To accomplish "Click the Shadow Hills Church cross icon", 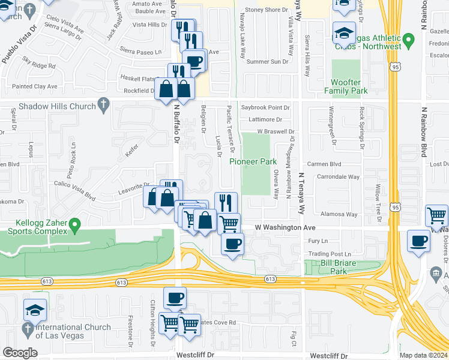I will click(x=103, y=106).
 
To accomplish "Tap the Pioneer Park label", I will click(x=253, y=161).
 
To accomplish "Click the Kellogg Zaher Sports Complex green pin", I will click(x=74, y=226).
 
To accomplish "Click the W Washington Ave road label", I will click(x=285, y=228).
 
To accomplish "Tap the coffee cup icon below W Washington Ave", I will click(x=232, y=243).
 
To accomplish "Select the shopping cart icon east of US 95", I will click(x=436, y=215).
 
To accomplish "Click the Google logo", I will click(x=20, y=352).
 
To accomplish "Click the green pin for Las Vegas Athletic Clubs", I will click(x=409, y=41).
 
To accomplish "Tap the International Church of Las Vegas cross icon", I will click(x=28, y=328).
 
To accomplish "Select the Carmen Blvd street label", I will click(x=324, y=163).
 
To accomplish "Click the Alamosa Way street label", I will click(x=340, y=214).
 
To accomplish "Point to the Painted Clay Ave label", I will click(x=35, y=86).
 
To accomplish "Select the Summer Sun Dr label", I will click(x=267, y=61).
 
